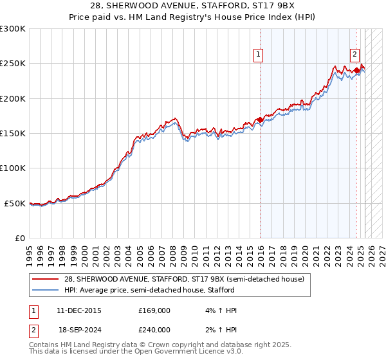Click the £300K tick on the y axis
point(13,29)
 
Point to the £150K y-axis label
point(13,134)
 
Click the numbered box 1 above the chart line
point(258,55)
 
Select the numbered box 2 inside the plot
point(354,55)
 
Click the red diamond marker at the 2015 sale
point(260,120)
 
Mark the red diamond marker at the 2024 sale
point(356,71)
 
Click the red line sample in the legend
point(46,278)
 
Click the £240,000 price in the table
point(154,330)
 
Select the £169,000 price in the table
point(154,310)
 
